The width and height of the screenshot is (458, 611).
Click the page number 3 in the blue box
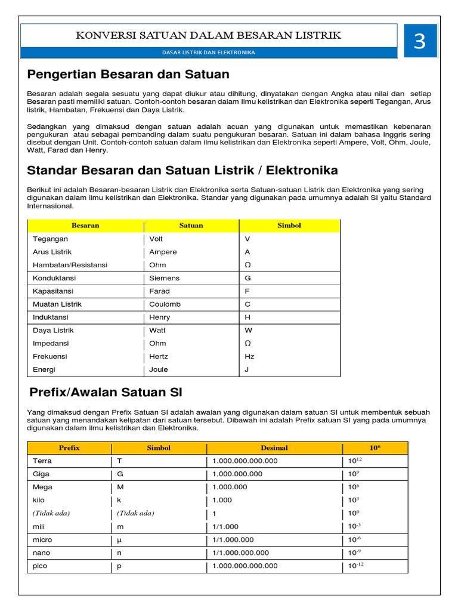[420, 41]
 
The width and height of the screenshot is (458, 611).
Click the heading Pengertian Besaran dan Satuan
[128, 75]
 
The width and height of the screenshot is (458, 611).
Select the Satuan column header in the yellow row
[191, 226]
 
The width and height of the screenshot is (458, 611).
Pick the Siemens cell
[164, 278]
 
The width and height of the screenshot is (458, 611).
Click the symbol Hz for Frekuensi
[249, 356]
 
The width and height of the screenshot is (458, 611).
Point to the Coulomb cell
[165, 304]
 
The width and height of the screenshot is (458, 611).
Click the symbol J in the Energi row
[247, 369]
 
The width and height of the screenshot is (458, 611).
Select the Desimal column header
[274, 448]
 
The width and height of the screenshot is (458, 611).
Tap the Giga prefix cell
[42, 474]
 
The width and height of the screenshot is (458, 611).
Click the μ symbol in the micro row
[119, 540]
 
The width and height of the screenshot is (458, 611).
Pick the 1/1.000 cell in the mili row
[226, 527]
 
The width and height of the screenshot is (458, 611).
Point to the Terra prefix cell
[42, 461]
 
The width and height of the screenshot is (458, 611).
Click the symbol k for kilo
[119, 500]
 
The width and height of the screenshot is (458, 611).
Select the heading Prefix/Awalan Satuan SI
[106, 393]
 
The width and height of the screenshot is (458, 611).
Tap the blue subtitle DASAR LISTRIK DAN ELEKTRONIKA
[209, 53]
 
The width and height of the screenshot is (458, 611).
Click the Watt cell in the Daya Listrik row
[158, 331]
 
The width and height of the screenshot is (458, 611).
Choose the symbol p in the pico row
[119, 566]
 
